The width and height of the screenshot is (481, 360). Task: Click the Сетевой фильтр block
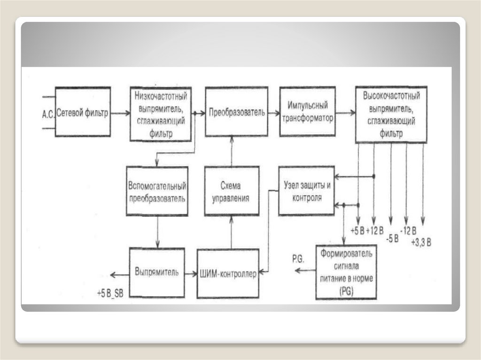[x=83, y=112]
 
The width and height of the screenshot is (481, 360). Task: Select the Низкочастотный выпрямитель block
[x=161, y=114]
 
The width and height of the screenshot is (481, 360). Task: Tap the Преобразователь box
[x=237, y=112]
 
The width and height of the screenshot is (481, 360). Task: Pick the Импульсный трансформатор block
[x=307, y=112]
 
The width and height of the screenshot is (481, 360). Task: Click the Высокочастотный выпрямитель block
[x=391, y=115]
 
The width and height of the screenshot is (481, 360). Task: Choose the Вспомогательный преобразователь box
[x=157, y=191]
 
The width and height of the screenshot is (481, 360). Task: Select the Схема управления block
[x=231, y=191]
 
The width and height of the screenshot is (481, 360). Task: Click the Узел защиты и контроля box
[x=306, y=191]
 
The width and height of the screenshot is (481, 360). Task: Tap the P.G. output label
[x=298, y=259]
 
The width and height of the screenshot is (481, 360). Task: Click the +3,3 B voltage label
[x=421, y=242]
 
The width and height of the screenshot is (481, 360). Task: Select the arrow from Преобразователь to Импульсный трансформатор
[x=274, y=113]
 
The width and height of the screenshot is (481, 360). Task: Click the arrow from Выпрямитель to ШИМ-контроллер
[x=190, y=273]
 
